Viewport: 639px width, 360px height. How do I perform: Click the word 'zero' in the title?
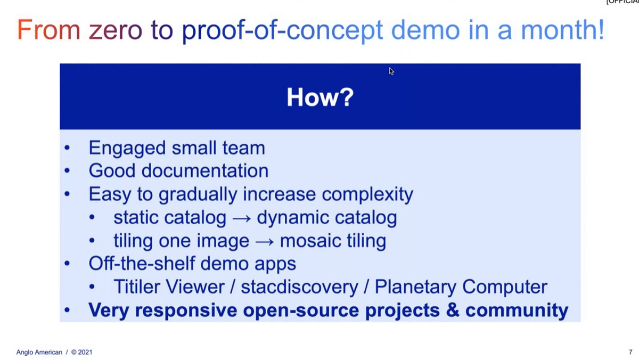[x=116, y=30]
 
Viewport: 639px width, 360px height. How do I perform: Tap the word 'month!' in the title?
[x=562, y=29]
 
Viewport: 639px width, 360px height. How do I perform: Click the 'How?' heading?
[x=320, y=97]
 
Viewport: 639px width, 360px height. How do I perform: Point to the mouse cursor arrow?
[x=391, y=71]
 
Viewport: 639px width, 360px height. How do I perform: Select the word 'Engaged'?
[x=127, y=149]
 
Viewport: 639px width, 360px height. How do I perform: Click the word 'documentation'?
[x=205, y=170]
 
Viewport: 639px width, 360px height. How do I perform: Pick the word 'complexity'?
[x=367, y=194]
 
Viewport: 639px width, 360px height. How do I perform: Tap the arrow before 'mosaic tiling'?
[x=265, y=242]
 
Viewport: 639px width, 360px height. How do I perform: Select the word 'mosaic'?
[x=310, y=241]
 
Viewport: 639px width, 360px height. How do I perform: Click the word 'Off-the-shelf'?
[x=142, y=263]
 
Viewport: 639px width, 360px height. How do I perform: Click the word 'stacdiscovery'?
[x=299, y=287]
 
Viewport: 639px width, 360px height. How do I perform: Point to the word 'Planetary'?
[x=415, y=287]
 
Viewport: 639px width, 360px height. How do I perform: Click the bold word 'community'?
[x=517, y=311]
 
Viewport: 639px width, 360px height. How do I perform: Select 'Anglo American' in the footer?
[x=39, y=353]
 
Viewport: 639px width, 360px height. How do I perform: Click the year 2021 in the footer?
[x=85, y=353]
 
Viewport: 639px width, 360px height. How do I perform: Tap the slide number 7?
[x=630, y=353]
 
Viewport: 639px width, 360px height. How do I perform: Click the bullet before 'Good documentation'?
[x=67, y=170]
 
